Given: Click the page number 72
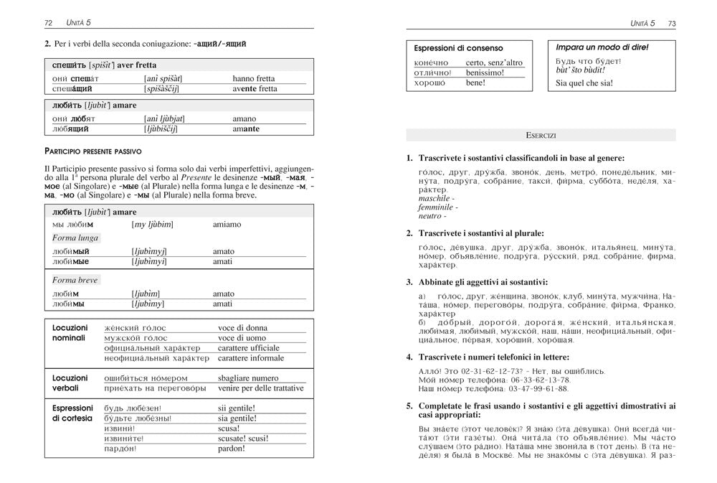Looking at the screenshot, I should (48, 23).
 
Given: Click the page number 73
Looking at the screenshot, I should (671, 23).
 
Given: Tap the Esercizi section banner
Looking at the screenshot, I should (541, 135).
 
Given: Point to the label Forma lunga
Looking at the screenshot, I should (75, 238).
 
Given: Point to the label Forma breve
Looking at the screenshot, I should (75, 280).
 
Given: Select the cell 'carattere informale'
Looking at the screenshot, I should (251, 358).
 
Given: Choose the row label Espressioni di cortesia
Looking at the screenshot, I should (72, 413).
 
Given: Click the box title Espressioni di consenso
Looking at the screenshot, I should (458, 48).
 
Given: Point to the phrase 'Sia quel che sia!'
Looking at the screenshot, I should (584, 83).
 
